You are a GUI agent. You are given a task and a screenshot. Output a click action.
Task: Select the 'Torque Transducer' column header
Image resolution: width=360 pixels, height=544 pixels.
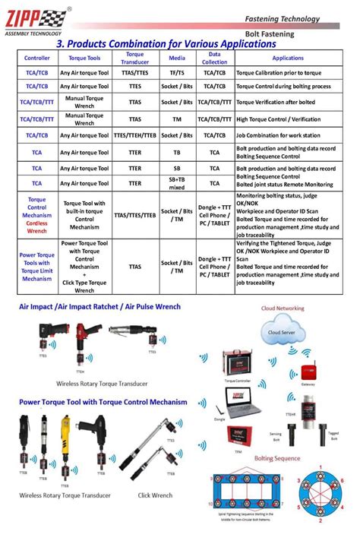click(x=134, y=59)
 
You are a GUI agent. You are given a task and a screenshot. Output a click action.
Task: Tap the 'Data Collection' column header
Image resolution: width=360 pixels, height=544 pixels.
click(x=214, y=59)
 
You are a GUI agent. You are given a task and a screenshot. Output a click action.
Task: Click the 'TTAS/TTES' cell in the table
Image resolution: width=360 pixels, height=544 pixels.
click(x=134, y=73)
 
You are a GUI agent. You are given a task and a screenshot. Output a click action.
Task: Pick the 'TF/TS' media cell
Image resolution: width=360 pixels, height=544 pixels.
click(x=175, y=73)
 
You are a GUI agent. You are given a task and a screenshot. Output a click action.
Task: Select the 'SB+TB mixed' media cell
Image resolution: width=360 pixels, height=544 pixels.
click(x=175, y=183)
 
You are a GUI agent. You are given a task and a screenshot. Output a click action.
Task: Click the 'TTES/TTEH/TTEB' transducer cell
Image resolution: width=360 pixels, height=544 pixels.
click(x=134, y=135)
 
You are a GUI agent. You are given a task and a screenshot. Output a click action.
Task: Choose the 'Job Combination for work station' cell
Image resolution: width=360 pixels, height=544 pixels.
click(x=283, y=135)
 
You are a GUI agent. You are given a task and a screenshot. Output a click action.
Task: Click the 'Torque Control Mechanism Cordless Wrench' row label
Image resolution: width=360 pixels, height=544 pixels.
click(x=36, y=214)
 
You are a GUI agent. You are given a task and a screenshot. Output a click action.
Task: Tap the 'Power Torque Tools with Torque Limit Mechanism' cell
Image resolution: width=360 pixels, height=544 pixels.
click(x=36, y=267)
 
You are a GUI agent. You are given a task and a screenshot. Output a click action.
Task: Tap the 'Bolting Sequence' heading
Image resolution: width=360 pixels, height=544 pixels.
click(x=277, y=459)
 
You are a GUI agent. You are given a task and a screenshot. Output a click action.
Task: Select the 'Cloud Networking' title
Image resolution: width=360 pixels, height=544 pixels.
click(x=283, y=308)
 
